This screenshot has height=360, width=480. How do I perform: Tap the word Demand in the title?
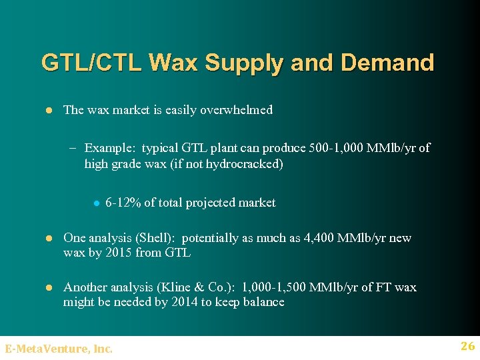(387, 63)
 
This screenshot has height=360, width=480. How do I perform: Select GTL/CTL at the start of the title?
(91, 63)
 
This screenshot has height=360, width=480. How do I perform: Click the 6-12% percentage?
(123, 203)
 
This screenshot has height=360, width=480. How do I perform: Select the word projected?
(217, 203)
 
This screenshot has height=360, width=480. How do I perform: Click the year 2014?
(181, 302)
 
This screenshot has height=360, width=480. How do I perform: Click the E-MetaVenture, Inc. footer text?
(59, 348)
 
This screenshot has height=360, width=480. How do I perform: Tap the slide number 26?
(467, 346)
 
